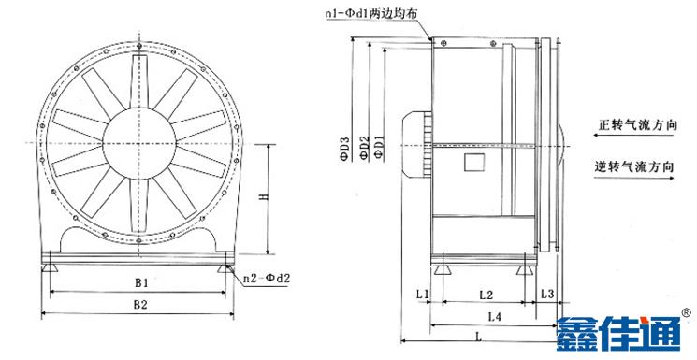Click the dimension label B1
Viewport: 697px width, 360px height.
click(139, 281)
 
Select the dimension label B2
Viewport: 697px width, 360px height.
click(139, 304)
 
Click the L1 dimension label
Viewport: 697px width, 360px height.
click(421, 295)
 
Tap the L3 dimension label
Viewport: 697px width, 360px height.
click(547, 295)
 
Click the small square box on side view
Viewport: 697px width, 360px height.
click(472, 163)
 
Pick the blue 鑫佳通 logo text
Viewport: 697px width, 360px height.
click(618, 336)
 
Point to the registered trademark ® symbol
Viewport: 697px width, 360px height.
click(686, 313)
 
